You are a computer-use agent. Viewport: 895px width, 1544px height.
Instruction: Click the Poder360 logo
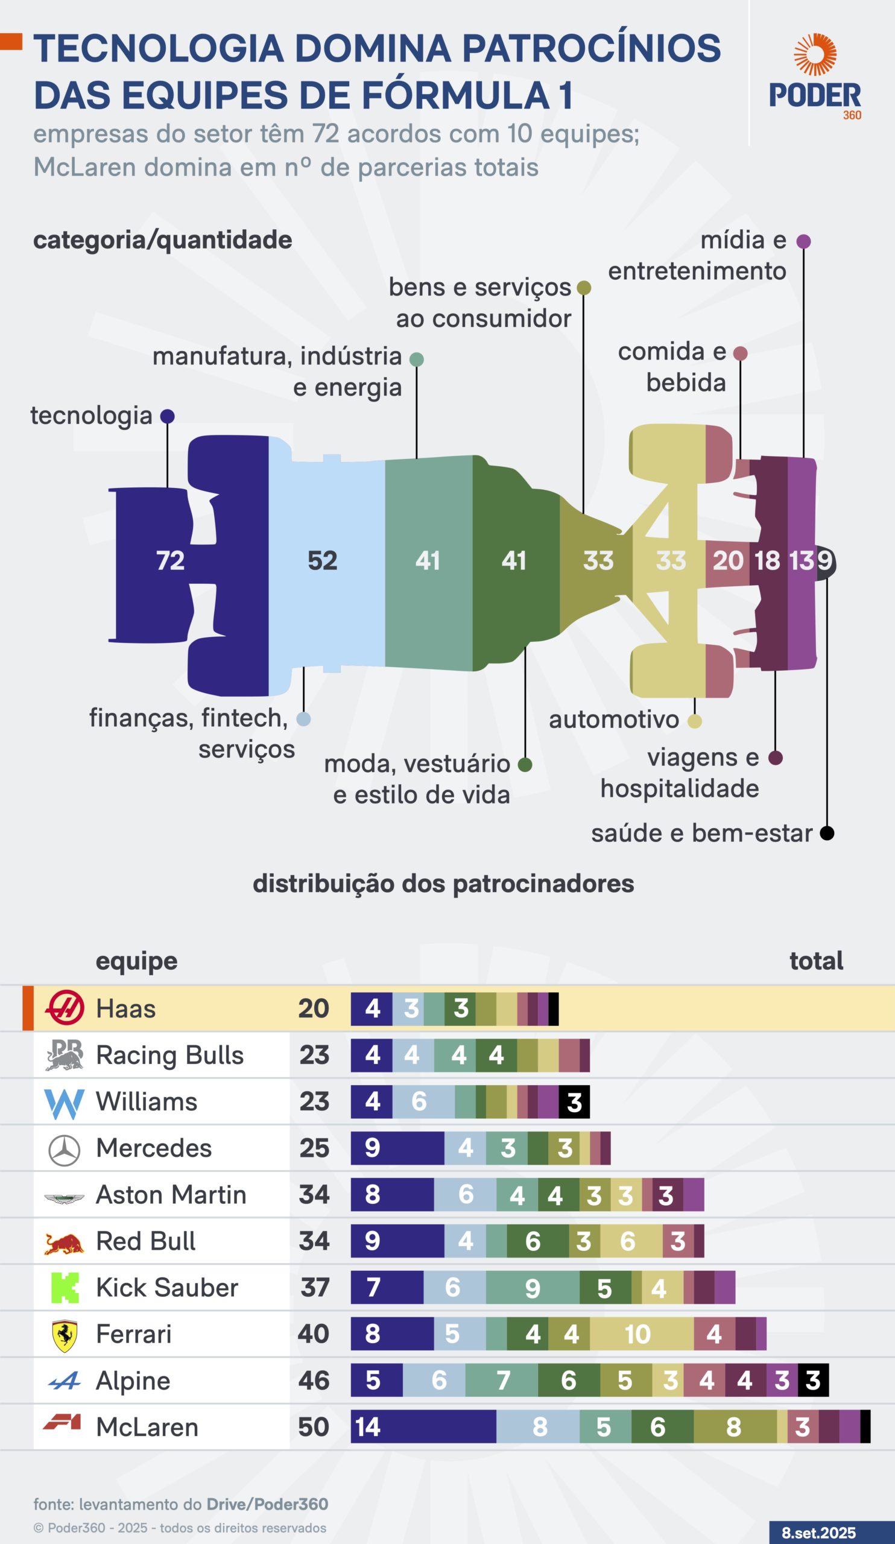(x=815, y=77)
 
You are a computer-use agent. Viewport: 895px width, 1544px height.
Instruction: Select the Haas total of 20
(x=314, y=1008)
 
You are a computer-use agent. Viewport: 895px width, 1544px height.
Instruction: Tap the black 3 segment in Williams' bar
(x=574, y=1103)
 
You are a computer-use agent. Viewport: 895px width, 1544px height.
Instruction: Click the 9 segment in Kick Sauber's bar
(x=533, y=1288)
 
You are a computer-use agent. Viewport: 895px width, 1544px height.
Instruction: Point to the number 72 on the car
(x=170, y=561)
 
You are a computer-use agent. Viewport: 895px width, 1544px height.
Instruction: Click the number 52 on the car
(x=322, y=561)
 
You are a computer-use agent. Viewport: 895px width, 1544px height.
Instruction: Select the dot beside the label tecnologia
(x=167, y=417)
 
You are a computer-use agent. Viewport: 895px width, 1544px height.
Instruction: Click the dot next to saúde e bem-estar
(x=827, y=834)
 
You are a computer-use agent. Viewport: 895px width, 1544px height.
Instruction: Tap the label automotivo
(x=614, y=720)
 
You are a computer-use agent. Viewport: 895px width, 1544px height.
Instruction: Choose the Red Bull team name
(x=146, y=1241)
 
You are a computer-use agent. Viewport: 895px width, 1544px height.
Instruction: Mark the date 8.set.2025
(x=818, y=1533)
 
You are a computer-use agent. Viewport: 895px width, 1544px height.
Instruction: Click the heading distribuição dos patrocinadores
(x=443, y=884)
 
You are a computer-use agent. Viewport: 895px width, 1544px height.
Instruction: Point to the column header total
(x=816, y=961)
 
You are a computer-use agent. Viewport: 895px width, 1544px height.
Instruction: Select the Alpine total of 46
(x=314, y=1381)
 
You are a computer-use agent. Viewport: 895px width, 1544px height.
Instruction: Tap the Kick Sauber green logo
(x=65, y=1288)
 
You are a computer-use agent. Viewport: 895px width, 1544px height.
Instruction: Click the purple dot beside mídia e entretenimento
(x=804, y=241)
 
